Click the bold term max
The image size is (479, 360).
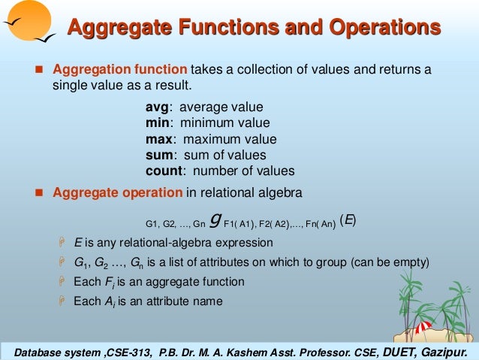(160, 139)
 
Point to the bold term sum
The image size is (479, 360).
(160, 155)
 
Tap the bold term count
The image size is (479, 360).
(164, 171)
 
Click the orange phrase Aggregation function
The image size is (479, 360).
(120, 70)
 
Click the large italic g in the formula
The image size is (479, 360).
(216, 221)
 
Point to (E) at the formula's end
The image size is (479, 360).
(348, 220)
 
